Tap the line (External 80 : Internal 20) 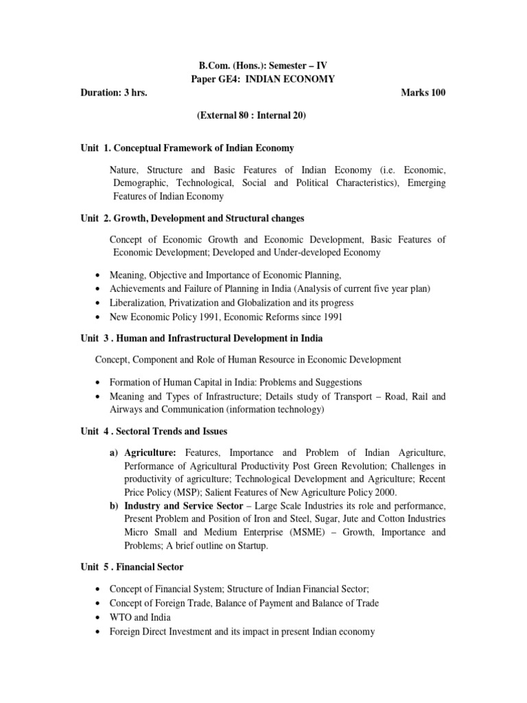coord(252,116)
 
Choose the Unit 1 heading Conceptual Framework coord(187,148)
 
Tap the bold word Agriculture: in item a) coord(150,453)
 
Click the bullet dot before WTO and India coord(99,617)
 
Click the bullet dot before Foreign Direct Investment coord(99,631)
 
